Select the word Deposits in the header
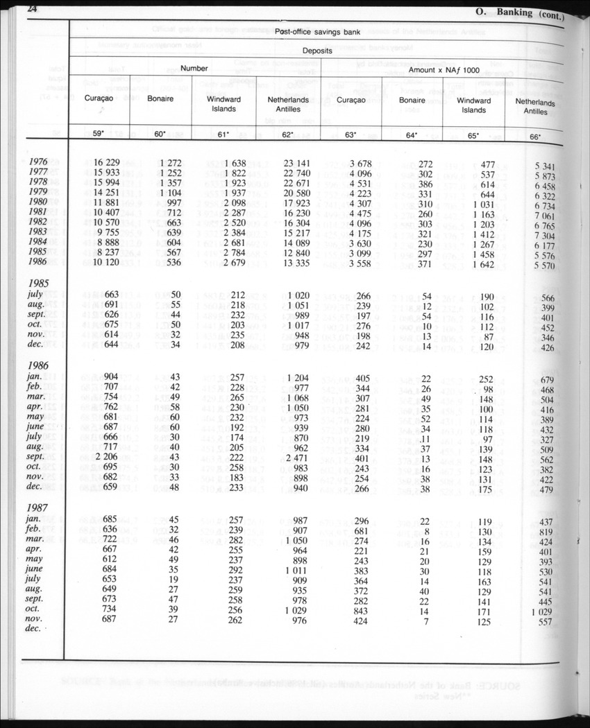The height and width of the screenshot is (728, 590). [316, 51]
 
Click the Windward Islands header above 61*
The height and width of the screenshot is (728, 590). [224, 104]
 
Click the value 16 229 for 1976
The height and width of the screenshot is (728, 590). [106, 162]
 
